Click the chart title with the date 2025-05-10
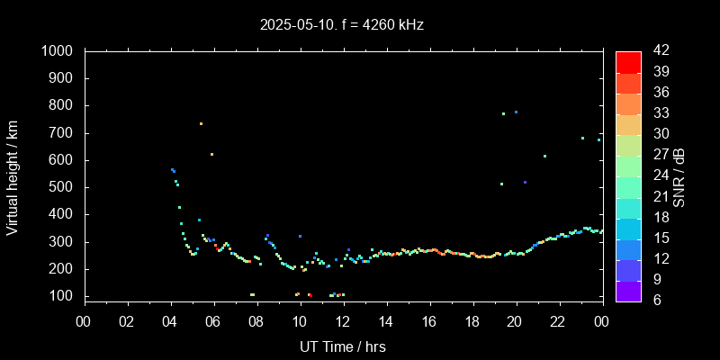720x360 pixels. [x=341, y=24]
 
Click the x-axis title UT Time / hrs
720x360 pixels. [x=342, y=346]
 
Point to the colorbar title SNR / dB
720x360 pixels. [x=679, y=175]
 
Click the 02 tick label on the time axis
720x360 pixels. [x=128, y=321]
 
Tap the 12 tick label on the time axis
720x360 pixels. [x=343, y=321]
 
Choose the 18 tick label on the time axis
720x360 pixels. [x=472, y=321]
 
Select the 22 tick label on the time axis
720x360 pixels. [x=559, y=321]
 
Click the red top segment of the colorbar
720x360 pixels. [x=628, y=61]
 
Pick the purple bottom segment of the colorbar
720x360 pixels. [x=628, y=290]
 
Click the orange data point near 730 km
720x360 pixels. [x=201, y=123]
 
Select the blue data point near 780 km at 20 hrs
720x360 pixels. [x=516, y=112]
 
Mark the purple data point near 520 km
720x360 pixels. [x=525, y=182]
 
